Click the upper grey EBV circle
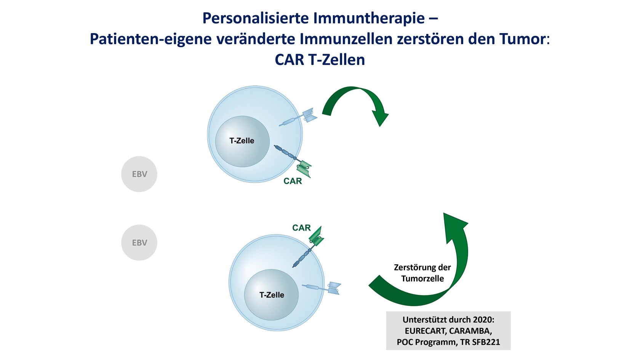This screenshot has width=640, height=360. [x=139, y=174]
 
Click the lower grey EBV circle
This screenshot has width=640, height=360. [x=139, y=243]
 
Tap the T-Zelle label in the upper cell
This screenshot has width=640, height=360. [x=242, y=141]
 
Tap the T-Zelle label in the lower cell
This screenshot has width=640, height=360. [x=271, y=295]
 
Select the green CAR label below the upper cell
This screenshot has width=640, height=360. [x=293, y=181]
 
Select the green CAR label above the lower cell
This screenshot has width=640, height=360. [x=301, y=228]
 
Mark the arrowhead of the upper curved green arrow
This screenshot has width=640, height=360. [x=381, y=117]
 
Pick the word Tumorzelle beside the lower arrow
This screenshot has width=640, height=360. [x=422, y=278]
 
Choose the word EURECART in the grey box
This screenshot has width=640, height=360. [x=426, y=331]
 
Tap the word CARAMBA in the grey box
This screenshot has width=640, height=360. [x=470, y=331]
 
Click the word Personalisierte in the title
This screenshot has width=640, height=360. [x=255, y=18]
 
